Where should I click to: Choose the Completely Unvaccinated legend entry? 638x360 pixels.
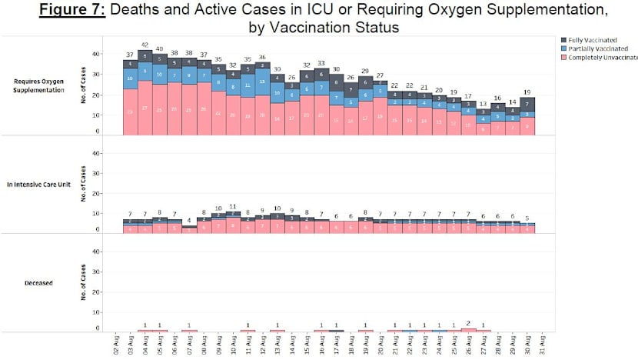pyautogui.click(x=600, y=57)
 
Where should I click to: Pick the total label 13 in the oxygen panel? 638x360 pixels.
pyautogui.click(x=483, y=104)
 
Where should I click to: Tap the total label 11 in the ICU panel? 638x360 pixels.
pyautogui.click(x=233, y=206)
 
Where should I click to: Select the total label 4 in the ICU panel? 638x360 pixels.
pyautogui.click(x=189, y=220)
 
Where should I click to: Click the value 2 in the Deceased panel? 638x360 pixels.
pyautogui.click(x=468, y=323)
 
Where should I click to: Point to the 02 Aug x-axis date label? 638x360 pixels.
pyautogui.click(x=115, y=345)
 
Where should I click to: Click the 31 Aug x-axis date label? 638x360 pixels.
pyautogui.click(x=543, y=345)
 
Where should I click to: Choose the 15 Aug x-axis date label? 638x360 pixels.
pyautogui.click(x=307, y=345)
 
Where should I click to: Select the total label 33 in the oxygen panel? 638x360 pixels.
pyautogui.click(x=322, y=63)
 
